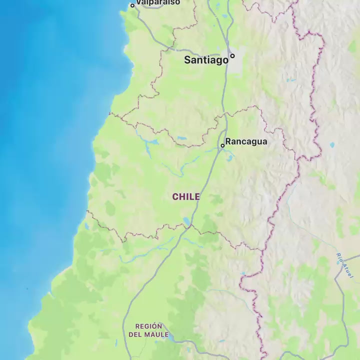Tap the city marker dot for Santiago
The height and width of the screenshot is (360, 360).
[232, 56]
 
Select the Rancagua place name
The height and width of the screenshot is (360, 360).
[246, 141]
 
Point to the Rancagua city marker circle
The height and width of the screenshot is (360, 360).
[222, 145]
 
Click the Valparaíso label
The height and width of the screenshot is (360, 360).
[158, 2]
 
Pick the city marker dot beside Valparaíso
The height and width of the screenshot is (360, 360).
[132, 5]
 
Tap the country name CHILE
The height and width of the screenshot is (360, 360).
[186, 196]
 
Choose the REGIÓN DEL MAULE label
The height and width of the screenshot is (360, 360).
[148, 330]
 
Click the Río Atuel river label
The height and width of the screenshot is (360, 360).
[344, 265]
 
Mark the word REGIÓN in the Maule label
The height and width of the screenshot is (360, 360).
[148, 326]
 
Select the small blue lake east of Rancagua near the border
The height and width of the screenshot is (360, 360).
[332, 145]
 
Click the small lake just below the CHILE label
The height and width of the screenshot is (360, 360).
[187, 220]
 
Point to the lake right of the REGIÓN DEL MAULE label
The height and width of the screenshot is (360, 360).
[172, 338]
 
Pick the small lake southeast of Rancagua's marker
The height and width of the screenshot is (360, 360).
[229, 158]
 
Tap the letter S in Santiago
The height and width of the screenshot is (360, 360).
[188, 60]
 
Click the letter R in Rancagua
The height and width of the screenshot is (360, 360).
[228, 141]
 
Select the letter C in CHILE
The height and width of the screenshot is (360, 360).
[175, 196]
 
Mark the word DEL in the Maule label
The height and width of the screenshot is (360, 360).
[135, 334]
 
